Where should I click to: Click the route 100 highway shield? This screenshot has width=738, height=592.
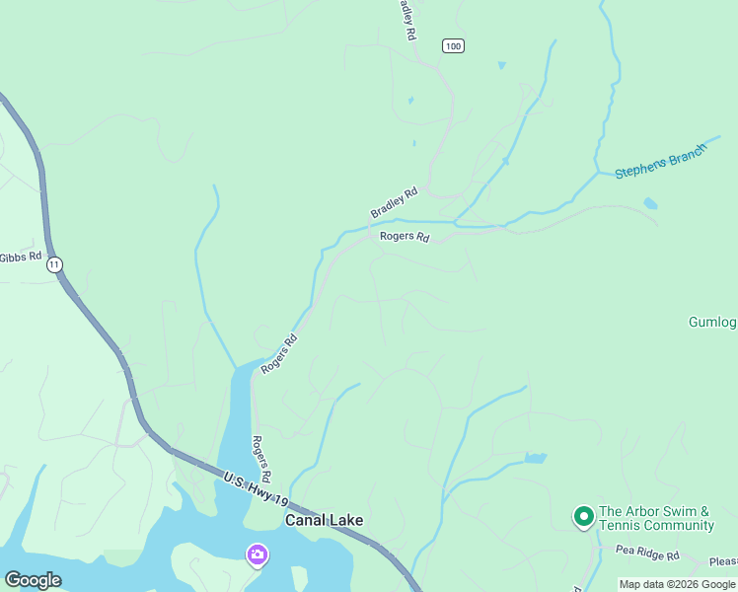coord(453,46)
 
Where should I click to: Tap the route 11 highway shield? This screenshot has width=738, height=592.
coord(54,264)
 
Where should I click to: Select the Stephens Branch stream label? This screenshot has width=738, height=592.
coord(661,161)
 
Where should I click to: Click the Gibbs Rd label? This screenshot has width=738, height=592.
coord(21,257)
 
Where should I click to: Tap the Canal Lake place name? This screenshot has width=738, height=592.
coord(325,520)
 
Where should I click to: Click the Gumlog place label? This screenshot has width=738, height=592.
coord(712,323)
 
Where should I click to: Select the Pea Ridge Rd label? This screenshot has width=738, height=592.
coord(647,555)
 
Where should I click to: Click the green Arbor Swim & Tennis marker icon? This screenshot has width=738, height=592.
coord(583,515)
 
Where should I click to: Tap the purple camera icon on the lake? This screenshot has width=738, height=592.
coord(257,555)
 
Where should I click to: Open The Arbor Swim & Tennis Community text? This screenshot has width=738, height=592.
coord(656,518)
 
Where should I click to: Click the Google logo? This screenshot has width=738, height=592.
coord(33,580)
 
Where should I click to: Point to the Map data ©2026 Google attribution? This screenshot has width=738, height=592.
coord(677,584)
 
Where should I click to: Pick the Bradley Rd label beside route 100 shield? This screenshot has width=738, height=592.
coord(406,20)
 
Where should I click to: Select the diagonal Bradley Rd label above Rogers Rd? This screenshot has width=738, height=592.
coord(395,202)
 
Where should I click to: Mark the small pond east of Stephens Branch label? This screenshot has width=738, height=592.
coord(650,204)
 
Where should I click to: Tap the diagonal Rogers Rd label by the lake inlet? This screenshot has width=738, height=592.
coord(279,353)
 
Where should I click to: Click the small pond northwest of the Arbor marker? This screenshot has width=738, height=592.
coord(535,458)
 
